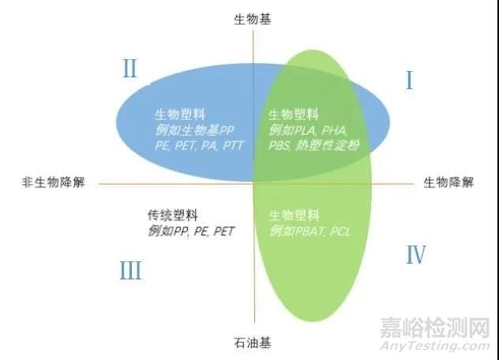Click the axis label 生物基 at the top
coord(253,20)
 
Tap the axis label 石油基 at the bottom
coord(253,343)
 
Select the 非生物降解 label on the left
coord(54,182)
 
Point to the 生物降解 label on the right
coord(448,182)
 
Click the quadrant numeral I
coord(410,81)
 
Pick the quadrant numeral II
coord(129,69)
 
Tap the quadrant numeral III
coord(130,270)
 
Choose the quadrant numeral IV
coord(416,255)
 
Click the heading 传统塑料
coord(173,216)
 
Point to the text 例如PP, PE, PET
coord(191,231)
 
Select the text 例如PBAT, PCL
coord(310,231)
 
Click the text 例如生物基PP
coord(194,130)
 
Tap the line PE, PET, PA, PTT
coord(200,146)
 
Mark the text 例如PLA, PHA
coord(308,130)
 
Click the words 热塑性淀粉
coord(328,145)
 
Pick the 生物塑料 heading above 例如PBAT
coord(294,216)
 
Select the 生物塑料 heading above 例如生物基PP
coord(180,114)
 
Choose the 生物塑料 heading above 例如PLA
coord(294,114)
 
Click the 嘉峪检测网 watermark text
coord(435,328)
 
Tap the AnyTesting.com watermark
coord(435,346)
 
